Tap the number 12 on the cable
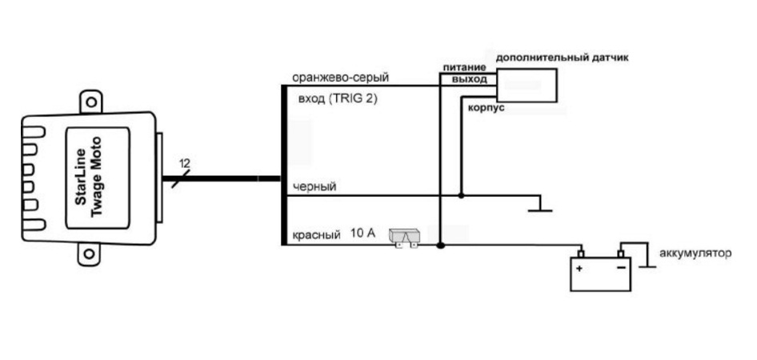click(x=185, y=163)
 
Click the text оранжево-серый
click(x=340, y=78)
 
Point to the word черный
click(x=314, y=186)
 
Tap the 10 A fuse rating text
click(x=362, y=234)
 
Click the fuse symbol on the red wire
click(x=404, y=237)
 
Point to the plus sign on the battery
click(x=579, y=269)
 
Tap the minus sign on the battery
click(x=621, y=269)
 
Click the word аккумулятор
click(x=695, y=254)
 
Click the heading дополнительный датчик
click(x=562, y=58)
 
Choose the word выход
click(x=469, y=80)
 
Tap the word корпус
click(x=485, y=106)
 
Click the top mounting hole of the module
click(x=93, y=104)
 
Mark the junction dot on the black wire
click(x=461, y=194)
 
